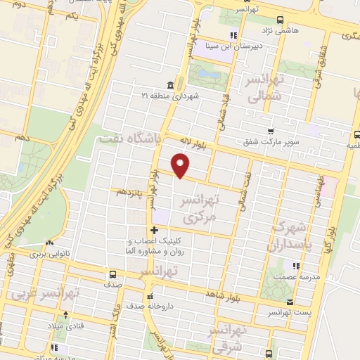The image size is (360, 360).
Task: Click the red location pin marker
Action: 181,165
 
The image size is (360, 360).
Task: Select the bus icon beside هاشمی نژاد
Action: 281,20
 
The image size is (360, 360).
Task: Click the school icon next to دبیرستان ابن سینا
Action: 233,36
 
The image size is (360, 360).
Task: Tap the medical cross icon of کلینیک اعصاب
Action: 154,231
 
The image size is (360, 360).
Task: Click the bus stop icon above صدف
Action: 112,274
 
